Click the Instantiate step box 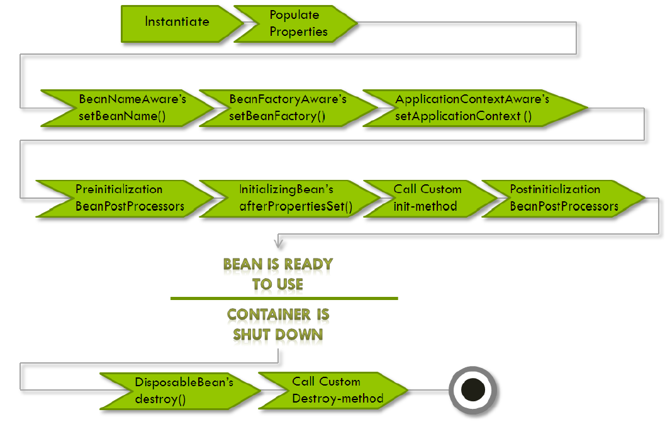[177, 22]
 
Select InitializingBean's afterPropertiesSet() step [286, 198]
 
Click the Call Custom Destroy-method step [333, 390]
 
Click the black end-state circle [473, 390]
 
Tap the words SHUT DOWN [277, 334]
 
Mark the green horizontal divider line [284, 298]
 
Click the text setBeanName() [122, 116]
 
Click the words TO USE [277, 284]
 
